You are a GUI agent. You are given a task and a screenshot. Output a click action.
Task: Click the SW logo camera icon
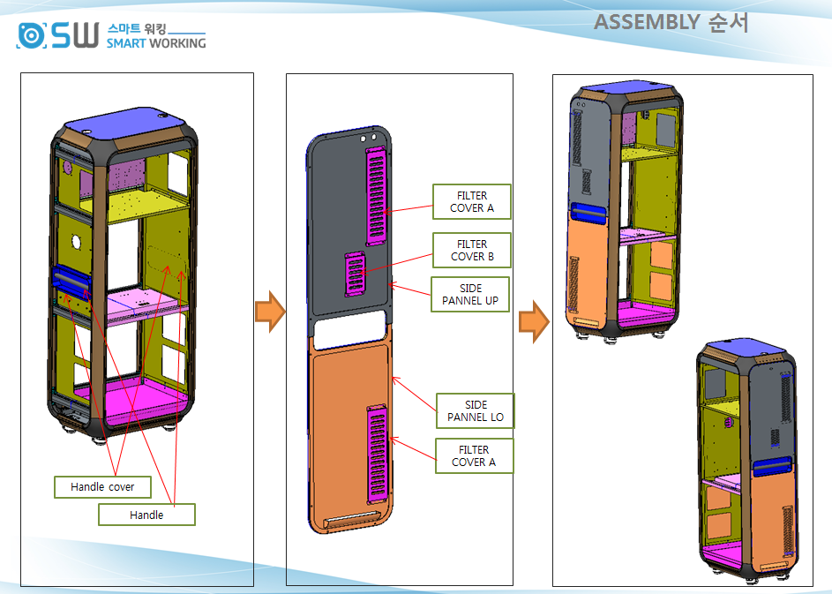click(x=31, y=35)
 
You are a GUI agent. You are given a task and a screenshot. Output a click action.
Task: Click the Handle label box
click(x=146, y=515)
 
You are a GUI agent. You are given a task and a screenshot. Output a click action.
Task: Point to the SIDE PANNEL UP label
click(x=470, y=295)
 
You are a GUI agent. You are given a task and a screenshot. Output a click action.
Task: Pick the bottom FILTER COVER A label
click(x=474, y=456)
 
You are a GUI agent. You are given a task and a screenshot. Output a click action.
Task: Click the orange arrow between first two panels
click(x=270, y=313)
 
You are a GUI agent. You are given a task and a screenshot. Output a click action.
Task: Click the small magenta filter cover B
click(x=356, y=273)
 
